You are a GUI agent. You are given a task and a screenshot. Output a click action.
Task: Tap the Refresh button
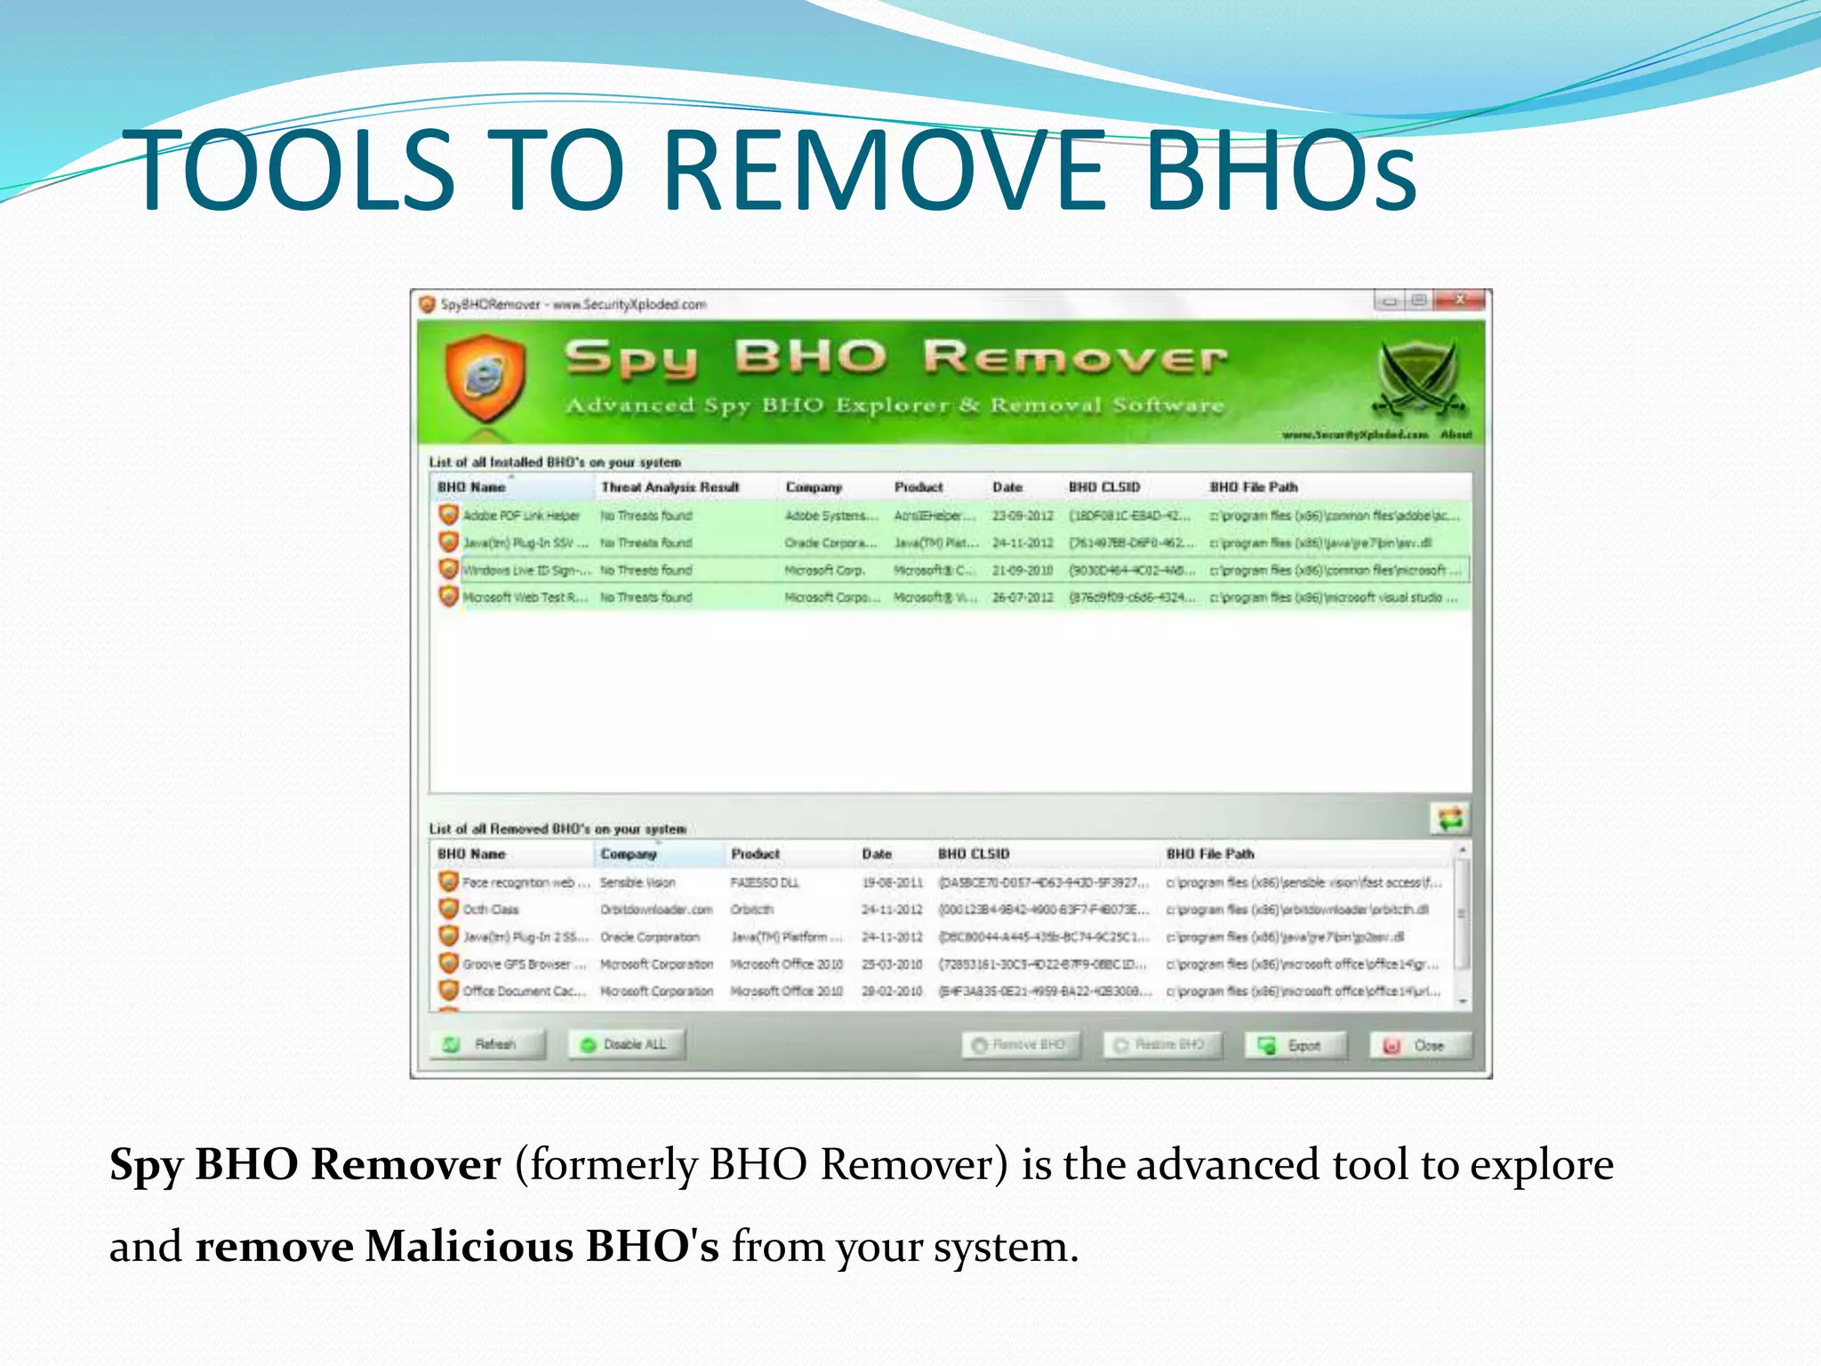tap(487, 1044)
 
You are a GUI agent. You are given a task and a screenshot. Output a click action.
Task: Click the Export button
tap(1296, 1046)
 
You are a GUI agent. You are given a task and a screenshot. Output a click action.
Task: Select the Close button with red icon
tap(1420, 1046)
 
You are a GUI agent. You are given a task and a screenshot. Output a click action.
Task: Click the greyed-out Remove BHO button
tap(1021, 1045)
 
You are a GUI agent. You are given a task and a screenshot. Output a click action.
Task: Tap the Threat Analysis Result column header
tap(670, 487)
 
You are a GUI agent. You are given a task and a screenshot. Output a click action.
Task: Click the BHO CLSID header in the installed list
tap(1103, 487)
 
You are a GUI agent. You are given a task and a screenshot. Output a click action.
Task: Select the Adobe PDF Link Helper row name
tap(521, 516)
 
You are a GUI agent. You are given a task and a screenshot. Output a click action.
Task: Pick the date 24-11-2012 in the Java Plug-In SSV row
tap(1023, 542)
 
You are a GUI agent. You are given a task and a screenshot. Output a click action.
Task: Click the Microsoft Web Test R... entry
tap(525, 598)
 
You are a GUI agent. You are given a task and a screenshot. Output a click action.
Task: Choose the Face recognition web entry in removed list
tap(525, 882)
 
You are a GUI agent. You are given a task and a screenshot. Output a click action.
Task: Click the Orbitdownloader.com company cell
tap(656, 910)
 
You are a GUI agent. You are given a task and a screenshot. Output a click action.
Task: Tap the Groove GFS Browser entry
tap(524, 964)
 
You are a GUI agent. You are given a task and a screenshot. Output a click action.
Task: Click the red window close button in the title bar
tap(1459, 301)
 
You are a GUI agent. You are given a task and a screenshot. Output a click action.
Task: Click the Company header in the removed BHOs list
tap(629, 854)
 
